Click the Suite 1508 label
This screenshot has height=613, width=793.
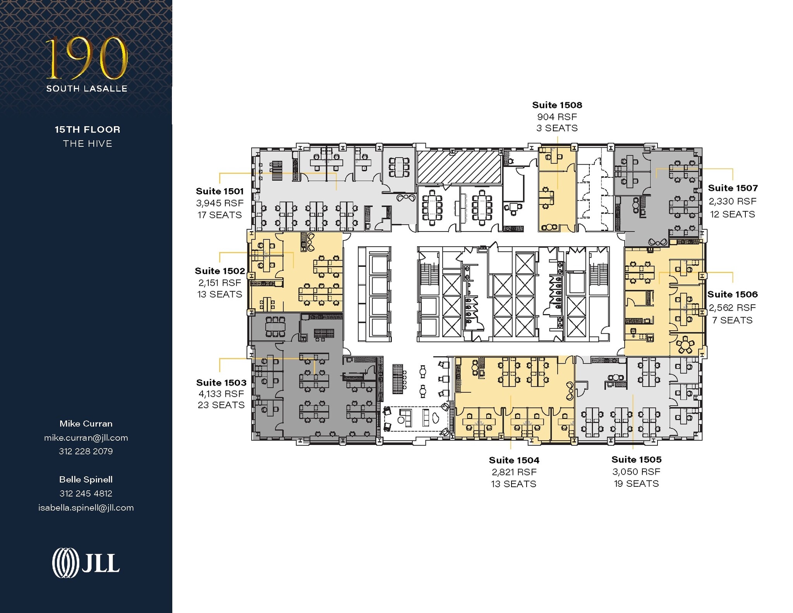click(x=557, y=105)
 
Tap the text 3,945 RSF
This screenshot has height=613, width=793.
click(x=220, y=203)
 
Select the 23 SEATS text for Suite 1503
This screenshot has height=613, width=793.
click(x=221, y=405)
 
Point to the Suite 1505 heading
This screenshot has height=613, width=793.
click(x=636, y=460)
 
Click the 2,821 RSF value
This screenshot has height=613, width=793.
click(x=514, y=472)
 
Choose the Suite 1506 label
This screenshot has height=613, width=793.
click(x=732, y=294)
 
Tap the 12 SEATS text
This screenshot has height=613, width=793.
click(x=732, y=214)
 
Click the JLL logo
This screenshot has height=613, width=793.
click(x=86, y=563)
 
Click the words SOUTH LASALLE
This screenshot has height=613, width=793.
click(x=87, y=89)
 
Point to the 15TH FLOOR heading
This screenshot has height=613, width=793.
click(x=88, y=130)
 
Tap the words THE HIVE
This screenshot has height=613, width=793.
click(x=88, y=144)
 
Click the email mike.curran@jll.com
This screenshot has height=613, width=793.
click(x=86, y=438)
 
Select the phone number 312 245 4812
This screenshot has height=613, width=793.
click(x=86, y=493)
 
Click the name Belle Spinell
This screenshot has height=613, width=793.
click(x=86, y=479)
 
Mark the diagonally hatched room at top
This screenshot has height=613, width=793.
click(x=459, y=167)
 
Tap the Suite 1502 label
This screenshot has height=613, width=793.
click(x=220, y=271)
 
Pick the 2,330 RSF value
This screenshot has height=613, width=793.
click(x=732, y=201)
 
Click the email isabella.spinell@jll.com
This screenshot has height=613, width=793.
click(x=86, y=508)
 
